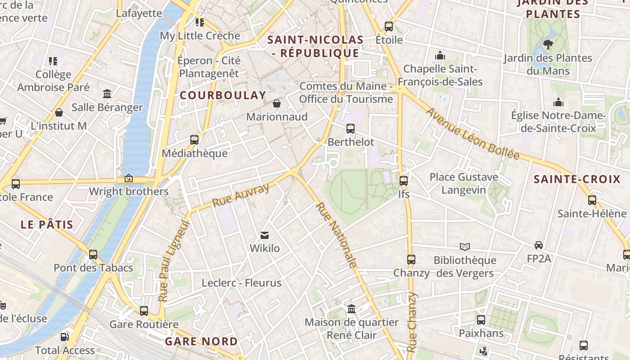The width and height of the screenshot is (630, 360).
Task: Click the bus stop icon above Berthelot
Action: (351, 129)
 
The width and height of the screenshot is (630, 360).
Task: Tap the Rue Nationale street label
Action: (337, 235)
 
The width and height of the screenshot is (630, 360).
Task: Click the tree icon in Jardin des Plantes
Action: (548, 44)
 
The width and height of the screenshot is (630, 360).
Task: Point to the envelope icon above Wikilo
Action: (265, 235)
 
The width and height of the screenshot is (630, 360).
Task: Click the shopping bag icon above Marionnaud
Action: (277, 103)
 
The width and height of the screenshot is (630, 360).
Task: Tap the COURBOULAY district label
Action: (223, 95)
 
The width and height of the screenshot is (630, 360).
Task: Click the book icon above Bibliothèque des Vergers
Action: (465, 247)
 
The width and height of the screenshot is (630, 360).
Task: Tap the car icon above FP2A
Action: (539, 245)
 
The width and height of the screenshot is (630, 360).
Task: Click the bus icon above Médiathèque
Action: (194, 139)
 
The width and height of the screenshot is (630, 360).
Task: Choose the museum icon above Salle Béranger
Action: (107, 94)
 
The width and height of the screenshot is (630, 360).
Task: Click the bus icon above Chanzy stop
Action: (411, 259)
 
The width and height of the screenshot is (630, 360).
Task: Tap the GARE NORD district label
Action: (201, 342)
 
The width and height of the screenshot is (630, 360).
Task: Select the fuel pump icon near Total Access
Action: (65, 337)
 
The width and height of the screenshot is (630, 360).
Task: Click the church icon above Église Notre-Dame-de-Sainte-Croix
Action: (558, 102)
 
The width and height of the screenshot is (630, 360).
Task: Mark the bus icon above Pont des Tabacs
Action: (93, 254)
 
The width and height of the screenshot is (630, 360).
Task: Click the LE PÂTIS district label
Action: (47, 225)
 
